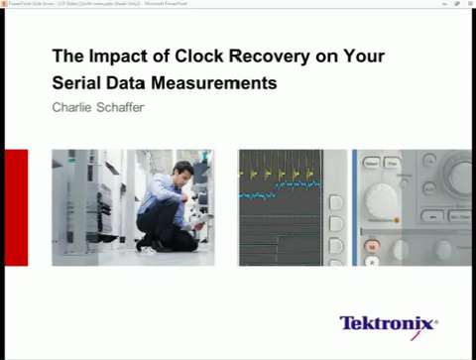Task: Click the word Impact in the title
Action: pos(108,57)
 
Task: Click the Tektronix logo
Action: pos(388,323)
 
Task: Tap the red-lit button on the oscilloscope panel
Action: pos(373,244)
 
